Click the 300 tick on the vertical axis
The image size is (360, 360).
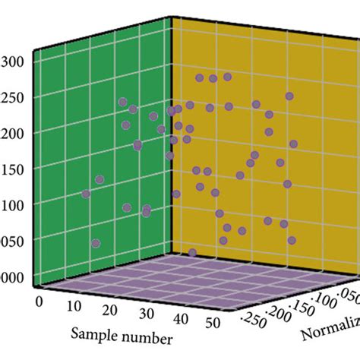coord(14,62)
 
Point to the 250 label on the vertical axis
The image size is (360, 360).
coord(14,97)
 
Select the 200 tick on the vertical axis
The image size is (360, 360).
coord(14,133)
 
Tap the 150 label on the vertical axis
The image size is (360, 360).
coord(14,169)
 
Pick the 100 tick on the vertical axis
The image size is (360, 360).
coord(14,204)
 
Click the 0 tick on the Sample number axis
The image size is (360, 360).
coord(39,301)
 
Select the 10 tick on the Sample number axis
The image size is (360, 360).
coord(74,306)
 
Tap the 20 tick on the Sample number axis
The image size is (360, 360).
coord(110,311)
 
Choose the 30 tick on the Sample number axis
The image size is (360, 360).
coord(147,317)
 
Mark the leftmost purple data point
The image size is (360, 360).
coord(86,194)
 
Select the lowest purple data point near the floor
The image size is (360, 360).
coord(192,253)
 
